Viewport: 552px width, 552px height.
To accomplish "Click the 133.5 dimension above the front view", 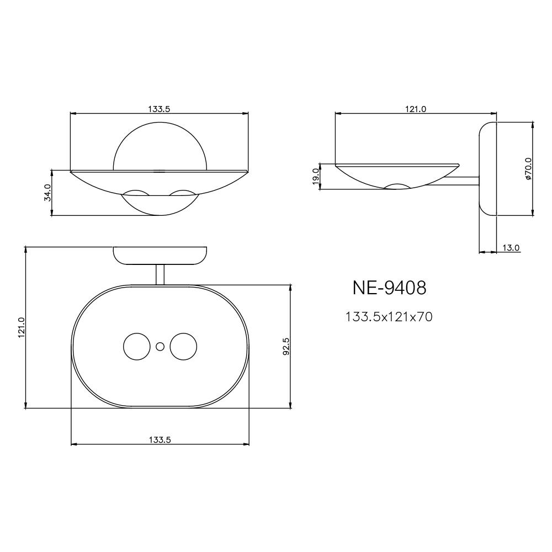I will pos(159,109).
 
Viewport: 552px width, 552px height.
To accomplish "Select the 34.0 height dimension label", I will pos(47,193).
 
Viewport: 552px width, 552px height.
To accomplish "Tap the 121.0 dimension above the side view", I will pos(416,109).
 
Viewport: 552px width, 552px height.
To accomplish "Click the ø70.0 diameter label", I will pos(528,169).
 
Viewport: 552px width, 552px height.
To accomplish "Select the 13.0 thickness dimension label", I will pos(511,248).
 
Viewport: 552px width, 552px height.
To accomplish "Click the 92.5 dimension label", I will pos(286,346).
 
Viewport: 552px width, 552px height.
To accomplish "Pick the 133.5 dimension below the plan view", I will pos(160,440).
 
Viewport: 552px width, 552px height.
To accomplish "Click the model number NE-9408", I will pos(389,288).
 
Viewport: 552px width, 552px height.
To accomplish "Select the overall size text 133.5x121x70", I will pos(389,317).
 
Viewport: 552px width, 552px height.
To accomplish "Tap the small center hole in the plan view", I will pos(160,347).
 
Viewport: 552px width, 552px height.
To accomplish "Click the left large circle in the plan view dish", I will pos(136,347).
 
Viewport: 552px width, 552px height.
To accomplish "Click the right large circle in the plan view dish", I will pos(183,347).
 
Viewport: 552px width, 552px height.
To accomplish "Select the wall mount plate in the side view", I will pos(487,169).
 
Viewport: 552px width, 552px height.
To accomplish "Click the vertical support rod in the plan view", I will pos(160,274).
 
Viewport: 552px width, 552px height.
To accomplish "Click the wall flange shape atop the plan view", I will pos(160,255).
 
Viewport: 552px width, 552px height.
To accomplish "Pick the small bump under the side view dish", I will pos(397,186).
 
